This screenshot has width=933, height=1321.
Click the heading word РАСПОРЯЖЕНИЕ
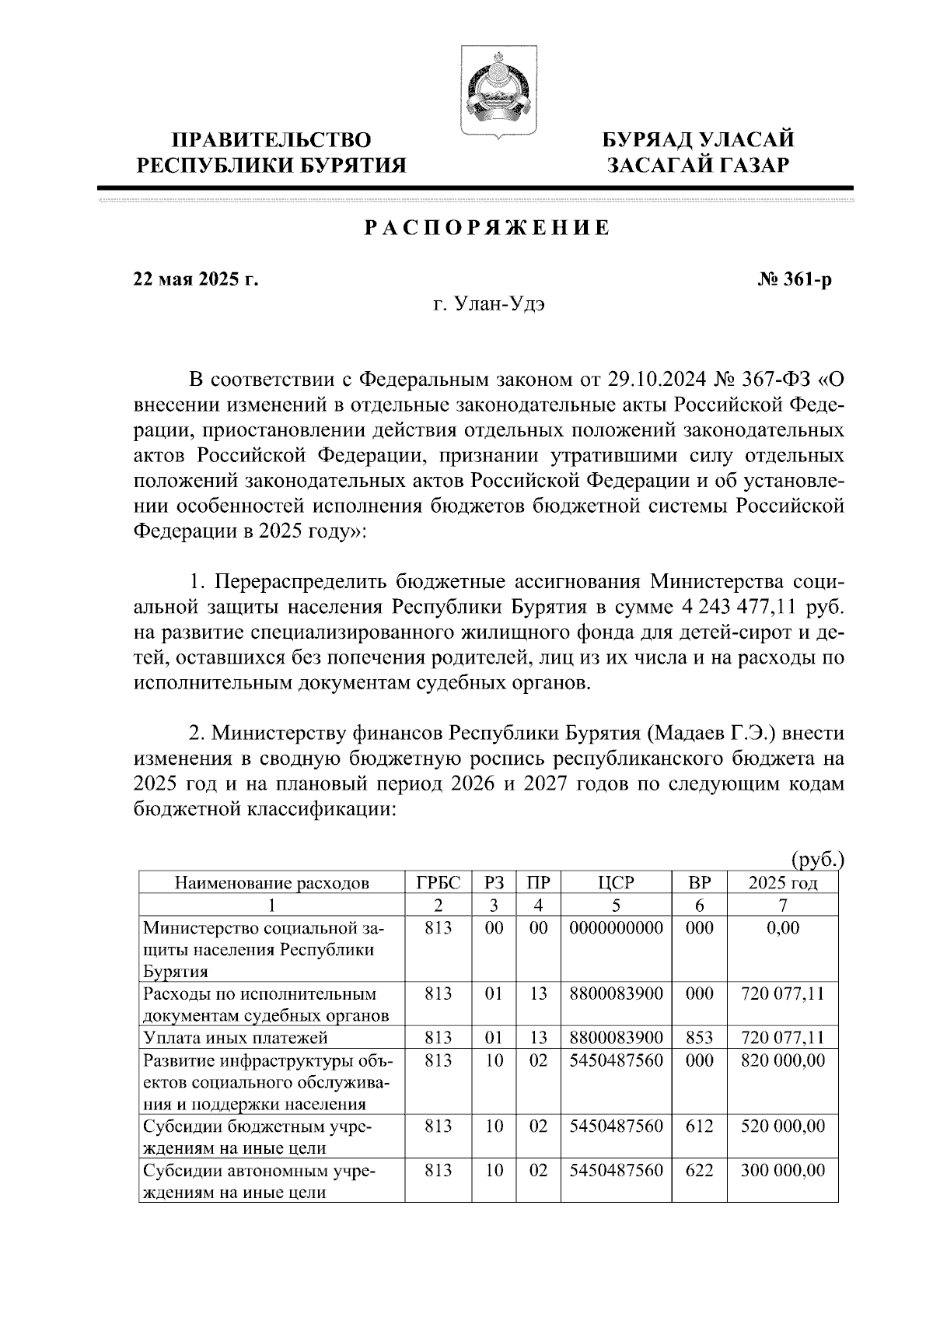[x=487, y=228]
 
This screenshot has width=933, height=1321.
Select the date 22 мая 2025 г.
[x=195, y=279]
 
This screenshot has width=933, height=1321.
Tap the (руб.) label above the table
[x=816, y=860]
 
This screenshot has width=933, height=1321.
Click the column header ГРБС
[x=439, y=883]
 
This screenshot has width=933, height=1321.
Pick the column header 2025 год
[x=782, y=883]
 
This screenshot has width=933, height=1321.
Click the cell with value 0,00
[x=782, y=928]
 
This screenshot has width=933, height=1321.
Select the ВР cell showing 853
[x=700, y=1038]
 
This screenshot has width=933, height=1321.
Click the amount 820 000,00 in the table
[x=782, y=1060]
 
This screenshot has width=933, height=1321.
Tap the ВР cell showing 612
[x=700, y=1126]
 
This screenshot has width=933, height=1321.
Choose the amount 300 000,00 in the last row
[x=782, y=1170]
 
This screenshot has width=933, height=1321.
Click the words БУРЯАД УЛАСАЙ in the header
[x=699, y=140]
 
